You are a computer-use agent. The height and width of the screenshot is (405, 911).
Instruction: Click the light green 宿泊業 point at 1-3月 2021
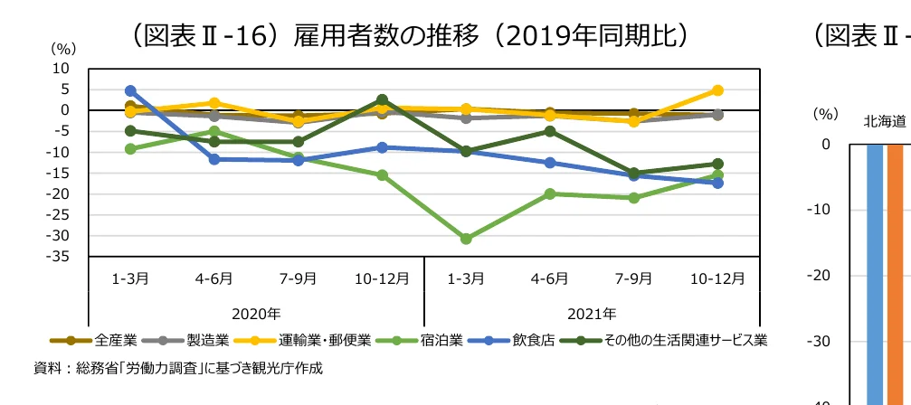pyautogui.click(x=466, y=239)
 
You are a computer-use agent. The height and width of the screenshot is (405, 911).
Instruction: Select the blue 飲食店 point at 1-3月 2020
pyautogui.click(x=130, y=91)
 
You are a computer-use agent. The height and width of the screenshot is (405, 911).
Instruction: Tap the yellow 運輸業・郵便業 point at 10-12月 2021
pyautogui.click(x=717, y=90)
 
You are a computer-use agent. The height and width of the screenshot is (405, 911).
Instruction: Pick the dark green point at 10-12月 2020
pyautogui.click(x=382, y=100)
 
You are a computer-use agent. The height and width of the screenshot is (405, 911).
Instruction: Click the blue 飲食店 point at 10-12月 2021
pyautogui.click(x=717, y=183)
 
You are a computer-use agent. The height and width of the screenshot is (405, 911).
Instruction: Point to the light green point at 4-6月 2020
pyautogui.click(x=214, y=131)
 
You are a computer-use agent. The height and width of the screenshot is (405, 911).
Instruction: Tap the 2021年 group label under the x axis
pyautogui.click(x=592, y=314)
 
